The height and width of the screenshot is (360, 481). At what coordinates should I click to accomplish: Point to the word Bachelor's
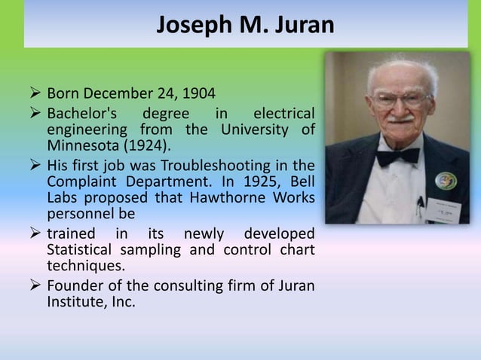point(81,114)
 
